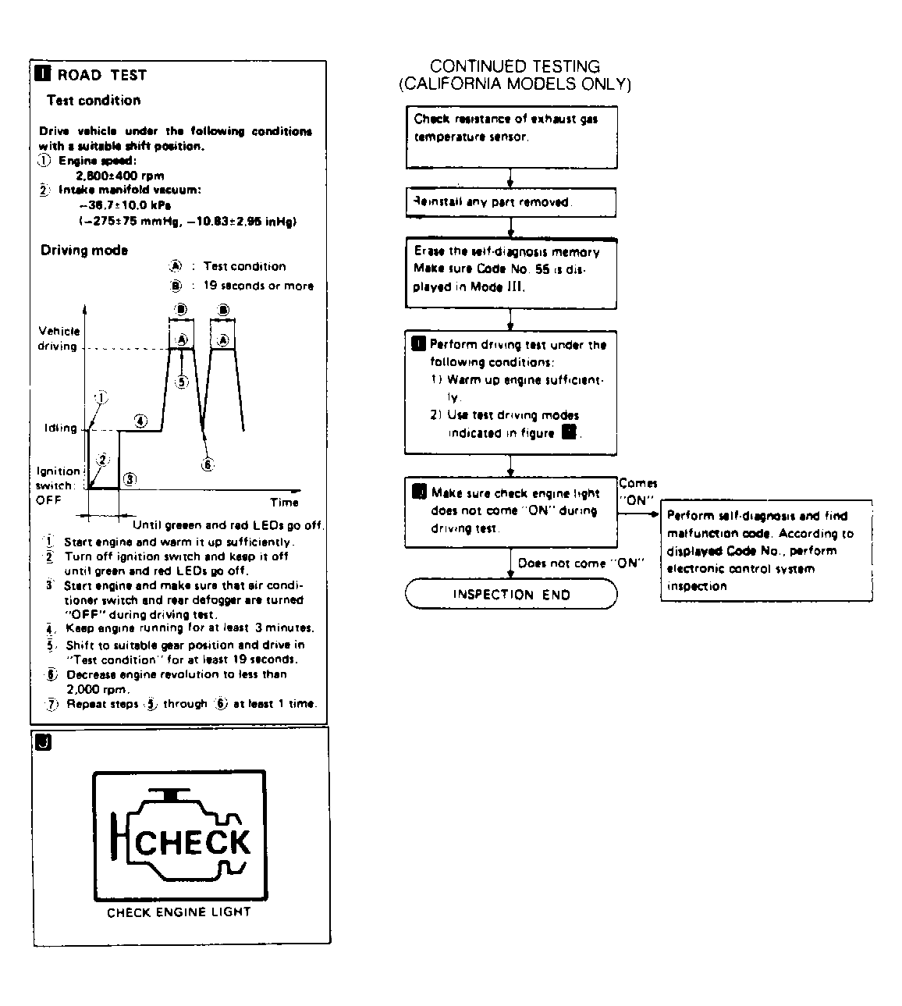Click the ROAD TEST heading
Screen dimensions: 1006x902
[x=101, y=75]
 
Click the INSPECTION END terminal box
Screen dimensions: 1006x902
[x=511, y=595]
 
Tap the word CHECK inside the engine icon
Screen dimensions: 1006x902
[x=193, y=843]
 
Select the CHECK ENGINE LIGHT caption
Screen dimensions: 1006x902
[x=179, y=912]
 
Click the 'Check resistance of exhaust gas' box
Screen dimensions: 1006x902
[x=510, y=137]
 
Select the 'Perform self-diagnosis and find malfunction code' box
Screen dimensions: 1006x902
[x=766, y=550]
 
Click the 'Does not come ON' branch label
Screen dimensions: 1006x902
[x=578, y=563]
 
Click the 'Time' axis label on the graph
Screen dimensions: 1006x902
[x=284, y=502]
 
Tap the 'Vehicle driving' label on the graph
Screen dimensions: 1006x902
[x=59, y=339]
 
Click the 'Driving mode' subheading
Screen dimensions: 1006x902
[x=84, y=251]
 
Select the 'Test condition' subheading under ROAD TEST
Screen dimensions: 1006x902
[x=94, y=101]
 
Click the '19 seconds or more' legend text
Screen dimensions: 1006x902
[x=257, y=286]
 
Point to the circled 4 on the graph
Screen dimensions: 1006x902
[x=140, y=421]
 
